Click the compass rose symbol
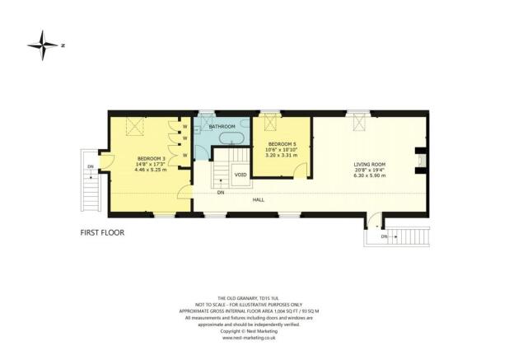41,45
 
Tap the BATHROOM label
222,127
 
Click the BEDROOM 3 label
151,158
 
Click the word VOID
240,175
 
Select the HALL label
258,199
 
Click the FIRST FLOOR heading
102,232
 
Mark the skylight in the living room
360,124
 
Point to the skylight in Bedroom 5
268,124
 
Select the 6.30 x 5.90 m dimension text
369,175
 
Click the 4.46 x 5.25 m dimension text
151,171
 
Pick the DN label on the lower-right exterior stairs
385,236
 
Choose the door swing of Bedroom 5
301,169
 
